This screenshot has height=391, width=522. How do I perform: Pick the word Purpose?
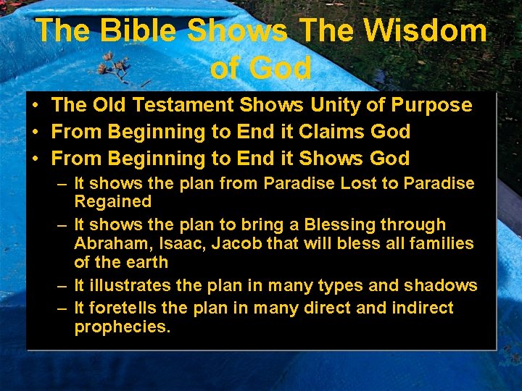pyautogui.click(x=431, y=106)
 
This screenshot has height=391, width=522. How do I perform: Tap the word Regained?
pyautogui.click(x=112, y=202)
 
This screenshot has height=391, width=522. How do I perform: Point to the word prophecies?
pyautogui.click(x=123, y=327)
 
